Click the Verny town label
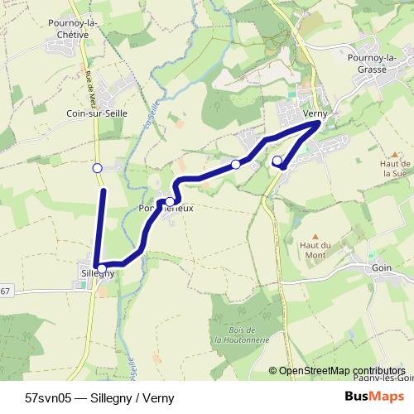click(x=316, y=113)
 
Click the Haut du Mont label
click(x=315, y=250)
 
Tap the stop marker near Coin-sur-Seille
click(x=97, y=168)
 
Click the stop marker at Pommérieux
click(x=170, y=201)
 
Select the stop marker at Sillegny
click(x=98, y=266)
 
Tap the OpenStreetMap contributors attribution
click(x=342, y=371)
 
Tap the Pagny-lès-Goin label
click(x=388, y=378)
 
